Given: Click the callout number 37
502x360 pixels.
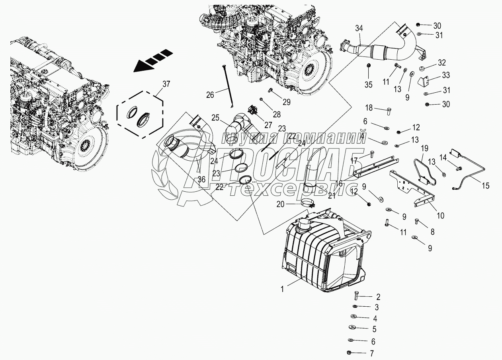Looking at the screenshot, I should coord(166,84).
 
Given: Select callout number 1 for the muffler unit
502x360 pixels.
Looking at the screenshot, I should coord(282,289).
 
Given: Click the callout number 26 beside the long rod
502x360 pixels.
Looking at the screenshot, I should coord(210,95).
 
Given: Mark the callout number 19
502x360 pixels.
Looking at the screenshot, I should coord(424,148).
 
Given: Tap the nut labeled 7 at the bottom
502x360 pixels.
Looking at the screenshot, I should coord(349,353).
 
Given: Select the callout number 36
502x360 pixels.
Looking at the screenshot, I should coord(202,180).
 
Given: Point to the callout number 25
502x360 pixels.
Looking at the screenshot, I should coord(215,118).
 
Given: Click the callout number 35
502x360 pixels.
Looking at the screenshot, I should coord(368,84).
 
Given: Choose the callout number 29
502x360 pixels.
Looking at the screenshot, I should coord(286,102).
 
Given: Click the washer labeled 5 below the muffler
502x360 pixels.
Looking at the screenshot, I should coord(353,328).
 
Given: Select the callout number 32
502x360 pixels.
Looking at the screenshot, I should coord(442,62).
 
